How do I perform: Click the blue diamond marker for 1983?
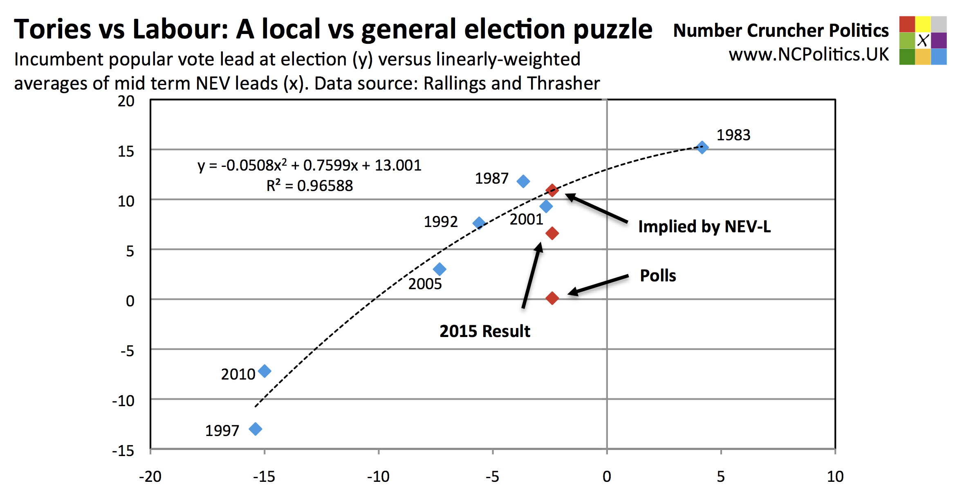tap(702, 147)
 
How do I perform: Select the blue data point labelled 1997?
tap(256, 429)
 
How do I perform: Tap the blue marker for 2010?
tap(265, 371)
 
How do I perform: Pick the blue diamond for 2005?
tap(439, 269)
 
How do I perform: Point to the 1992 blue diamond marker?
tap(479, 223)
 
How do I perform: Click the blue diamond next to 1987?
tap(523, 181)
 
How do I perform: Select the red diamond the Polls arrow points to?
tap(552, 298)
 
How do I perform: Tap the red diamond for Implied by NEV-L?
tap(552, 190)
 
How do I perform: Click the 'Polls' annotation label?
tap(658, 276)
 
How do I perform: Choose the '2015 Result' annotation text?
tap(484, 331)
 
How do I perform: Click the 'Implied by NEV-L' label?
tap(704, 227)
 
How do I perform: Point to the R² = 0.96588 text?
tap(309, 186)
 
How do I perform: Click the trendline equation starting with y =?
tap(309, 165)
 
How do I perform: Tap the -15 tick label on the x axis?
tap(264, 477)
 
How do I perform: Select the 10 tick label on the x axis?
tap(835, 477)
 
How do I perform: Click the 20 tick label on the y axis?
tap(126, 101)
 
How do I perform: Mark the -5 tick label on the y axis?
tap(127, 351)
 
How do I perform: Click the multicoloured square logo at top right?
tap(923, 40)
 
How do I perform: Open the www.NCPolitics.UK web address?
tap(809, 54)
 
